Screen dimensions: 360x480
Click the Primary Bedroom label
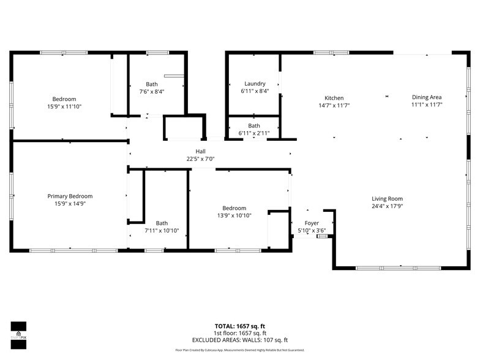[x=70, y=196]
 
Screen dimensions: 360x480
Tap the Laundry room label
[x=255, y=84]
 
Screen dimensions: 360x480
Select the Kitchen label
[x=334, y=98]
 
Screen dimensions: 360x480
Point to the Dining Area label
[x=427, y=97]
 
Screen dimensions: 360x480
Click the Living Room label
[x=388, y=198]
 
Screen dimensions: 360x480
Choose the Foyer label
[x=312, y=223]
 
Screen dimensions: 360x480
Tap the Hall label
[x=201, y=151]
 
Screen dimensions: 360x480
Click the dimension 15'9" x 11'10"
[x=64, y=107]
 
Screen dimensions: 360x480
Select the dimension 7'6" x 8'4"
[x=152, y=91]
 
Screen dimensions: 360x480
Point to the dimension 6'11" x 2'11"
[x=254, y=133]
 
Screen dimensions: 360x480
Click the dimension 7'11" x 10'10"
[x=162, y=231]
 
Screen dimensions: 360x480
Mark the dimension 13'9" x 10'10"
[x=234, y=216]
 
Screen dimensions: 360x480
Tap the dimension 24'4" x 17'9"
[x=388, y=206]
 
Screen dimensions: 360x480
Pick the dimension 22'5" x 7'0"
[x=201, y=159]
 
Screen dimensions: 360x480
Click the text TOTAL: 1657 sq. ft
[x=240, y=326]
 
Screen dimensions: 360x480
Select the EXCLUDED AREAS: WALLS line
[x=240, y=340]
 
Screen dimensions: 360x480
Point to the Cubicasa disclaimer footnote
[x=240, y=350]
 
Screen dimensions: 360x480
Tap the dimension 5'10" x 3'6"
[x=312, y=231]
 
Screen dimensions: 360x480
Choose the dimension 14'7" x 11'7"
[x=334, y=105]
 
